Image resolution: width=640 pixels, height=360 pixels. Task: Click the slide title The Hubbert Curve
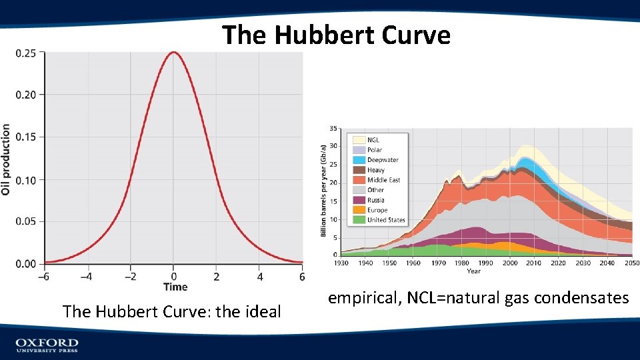[x=336, y=35]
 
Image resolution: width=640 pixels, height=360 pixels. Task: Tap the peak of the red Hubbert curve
[x=173, y=52]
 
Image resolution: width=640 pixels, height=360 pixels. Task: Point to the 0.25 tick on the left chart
[x=26, y=53]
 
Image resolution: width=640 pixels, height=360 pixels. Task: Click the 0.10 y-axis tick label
[x=26, y=179]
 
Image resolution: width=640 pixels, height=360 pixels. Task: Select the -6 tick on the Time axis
[x=45, y=276]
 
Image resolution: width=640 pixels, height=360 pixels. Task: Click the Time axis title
[x=175, y=287]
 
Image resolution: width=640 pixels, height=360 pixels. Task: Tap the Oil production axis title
[x=6, y=159]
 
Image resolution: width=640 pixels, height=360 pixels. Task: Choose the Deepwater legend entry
[x=383, y=160]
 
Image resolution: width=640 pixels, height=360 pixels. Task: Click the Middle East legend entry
[x=383, y=180]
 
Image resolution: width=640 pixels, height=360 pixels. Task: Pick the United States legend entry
[x=386, y=220]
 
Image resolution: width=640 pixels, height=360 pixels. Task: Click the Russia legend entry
[x=375, y=200]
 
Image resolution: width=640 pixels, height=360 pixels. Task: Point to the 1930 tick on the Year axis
[x=341, y=263]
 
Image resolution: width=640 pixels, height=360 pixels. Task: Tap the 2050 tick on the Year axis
[x=631, y=263]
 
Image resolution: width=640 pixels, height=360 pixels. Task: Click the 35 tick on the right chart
[x=333, y=128]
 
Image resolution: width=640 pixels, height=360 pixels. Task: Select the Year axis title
[x=473, y=271]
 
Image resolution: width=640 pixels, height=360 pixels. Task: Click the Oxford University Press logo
[x=47, y=345]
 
